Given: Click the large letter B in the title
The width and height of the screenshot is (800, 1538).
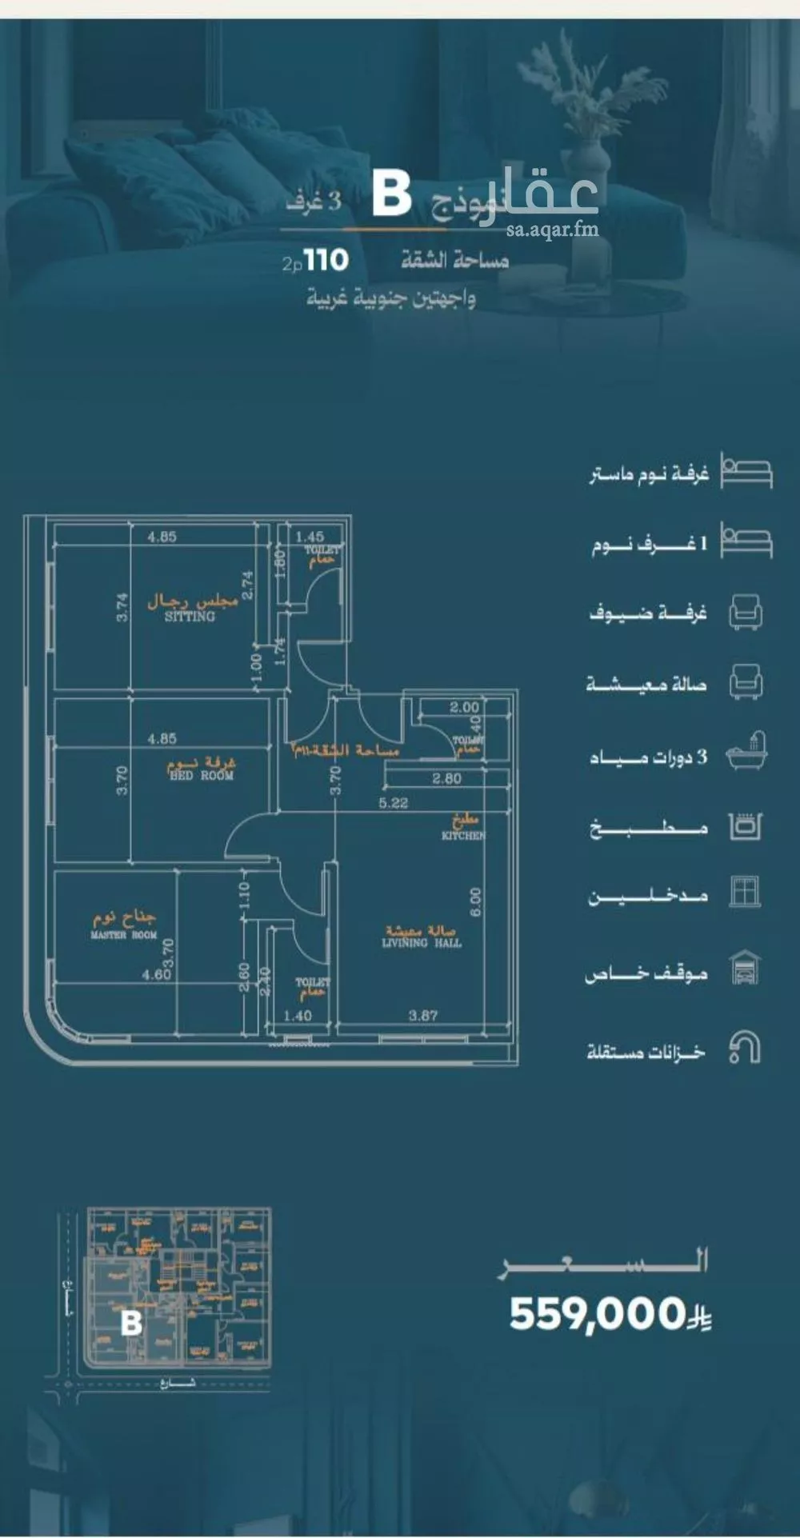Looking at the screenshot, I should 392,196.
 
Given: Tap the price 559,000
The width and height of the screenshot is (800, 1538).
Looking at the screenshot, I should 598,1314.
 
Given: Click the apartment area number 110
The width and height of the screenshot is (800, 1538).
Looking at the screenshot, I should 326,260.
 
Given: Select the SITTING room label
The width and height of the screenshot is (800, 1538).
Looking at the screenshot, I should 190,617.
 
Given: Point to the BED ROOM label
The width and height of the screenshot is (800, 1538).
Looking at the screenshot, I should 202,775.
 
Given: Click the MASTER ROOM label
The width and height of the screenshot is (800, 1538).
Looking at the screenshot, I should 124,935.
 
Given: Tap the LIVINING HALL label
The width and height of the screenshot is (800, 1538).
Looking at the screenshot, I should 422,943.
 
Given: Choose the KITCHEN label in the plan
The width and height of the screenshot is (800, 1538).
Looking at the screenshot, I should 463,835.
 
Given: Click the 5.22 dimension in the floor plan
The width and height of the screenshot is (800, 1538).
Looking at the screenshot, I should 394,803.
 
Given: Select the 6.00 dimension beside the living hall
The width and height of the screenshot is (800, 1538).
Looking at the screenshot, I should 475,902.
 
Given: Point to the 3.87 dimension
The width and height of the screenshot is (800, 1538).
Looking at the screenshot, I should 423,1016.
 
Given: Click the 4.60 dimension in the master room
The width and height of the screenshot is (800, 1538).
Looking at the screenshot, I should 156,974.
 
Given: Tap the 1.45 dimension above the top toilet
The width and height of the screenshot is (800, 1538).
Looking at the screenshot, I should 310,537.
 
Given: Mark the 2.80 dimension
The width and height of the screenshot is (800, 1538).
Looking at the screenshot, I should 446,778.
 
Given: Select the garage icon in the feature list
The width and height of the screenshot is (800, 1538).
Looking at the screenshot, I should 745,968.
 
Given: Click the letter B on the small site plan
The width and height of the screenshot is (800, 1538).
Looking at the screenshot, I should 131,1322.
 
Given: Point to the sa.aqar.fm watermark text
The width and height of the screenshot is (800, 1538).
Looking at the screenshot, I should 552,230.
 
